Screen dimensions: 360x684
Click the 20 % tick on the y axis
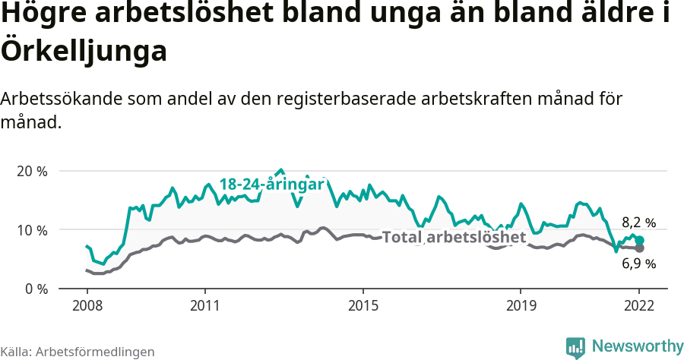click(32, 171)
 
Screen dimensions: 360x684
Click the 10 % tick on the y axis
click(32, 230)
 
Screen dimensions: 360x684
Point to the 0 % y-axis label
click(35, 289)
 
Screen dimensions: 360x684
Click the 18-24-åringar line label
click(272, 185)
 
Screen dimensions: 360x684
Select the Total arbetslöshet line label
click(454, 238)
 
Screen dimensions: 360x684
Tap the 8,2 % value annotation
click(638, 223)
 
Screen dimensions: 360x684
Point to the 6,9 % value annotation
click(638, 264)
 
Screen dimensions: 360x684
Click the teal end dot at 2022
click(640, 240)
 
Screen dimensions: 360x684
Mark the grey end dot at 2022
click(640, 248)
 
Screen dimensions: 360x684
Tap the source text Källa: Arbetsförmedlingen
click(78, 352)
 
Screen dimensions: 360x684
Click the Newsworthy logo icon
click(575, 347)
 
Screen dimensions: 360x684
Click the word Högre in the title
click(45, 15)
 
